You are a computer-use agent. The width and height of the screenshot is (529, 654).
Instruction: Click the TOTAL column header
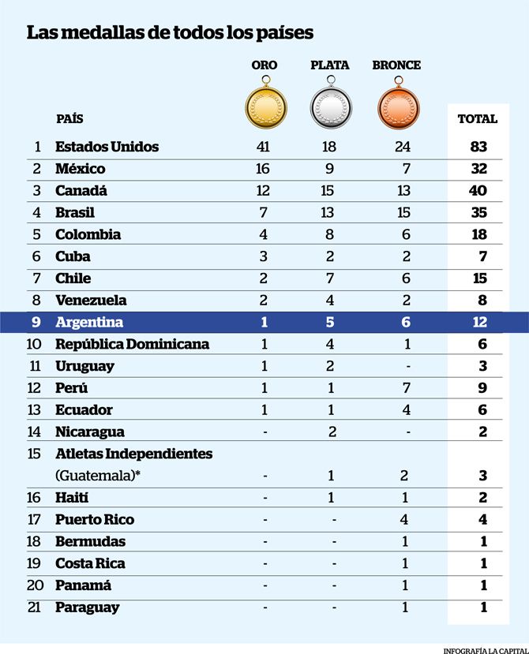[x=478, y=119]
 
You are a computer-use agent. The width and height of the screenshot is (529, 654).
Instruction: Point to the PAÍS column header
[x=69, y=119]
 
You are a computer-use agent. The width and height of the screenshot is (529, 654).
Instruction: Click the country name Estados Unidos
[x=107, y=147]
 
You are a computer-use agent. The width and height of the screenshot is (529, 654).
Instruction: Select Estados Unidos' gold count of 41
[x=264, y=147]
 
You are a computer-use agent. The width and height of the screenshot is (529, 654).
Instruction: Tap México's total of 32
[x=479, y=169]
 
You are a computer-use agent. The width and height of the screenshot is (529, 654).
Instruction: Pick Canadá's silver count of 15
[x=328, y=191]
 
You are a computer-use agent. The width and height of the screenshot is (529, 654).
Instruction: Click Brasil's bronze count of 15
[x=403, y=212]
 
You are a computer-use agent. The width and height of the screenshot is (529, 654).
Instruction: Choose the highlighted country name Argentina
[x=89, y=323]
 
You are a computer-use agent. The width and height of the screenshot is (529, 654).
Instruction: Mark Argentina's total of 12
[x=480, y=322]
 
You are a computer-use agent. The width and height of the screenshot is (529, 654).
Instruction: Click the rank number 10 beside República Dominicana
[x=34, y=344]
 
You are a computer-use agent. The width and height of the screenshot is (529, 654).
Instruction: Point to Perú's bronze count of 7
[x=407, y=388]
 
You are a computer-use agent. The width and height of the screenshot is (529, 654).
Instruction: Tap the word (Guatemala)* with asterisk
[x=98, y=476]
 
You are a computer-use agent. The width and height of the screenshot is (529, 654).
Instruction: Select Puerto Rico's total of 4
[x=482, y=520]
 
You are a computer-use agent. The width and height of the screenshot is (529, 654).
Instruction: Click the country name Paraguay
[x=88, y=607]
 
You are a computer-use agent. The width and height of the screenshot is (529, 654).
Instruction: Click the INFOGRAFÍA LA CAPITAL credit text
[x=486, y=651]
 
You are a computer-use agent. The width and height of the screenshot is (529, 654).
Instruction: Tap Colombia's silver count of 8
[x=329, y=234]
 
